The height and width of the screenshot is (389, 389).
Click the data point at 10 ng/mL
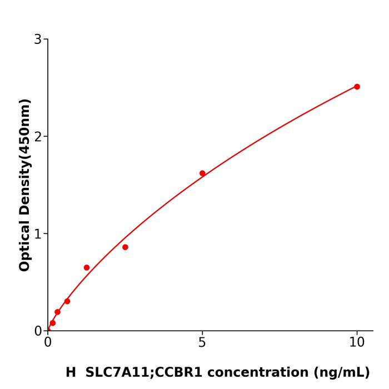coord(357,87)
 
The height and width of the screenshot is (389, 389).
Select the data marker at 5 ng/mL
coord(202,173)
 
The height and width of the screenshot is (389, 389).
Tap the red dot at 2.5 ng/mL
coord(125,247)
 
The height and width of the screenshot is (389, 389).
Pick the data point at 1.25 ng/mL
coord(87,268)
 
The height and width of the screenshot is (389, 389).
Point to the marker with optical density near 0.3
coord(67,301)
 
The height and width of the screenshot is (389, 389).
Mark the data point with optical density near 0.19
coord(57,312)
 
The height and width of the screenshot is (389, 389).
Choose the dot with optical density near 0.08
coord(53,323)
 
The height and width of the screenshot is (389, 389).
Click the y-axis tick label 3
coord(38,39)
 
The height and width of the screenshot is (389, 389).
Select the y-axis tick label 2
coord(38,137)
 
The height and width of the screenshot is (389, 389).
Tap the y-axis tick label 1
coord(38,234)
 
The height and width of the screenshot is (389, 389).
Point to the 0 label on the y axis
coord(38,331)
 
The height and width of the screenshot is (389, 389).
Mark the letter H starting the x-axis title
coord(71,373)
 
